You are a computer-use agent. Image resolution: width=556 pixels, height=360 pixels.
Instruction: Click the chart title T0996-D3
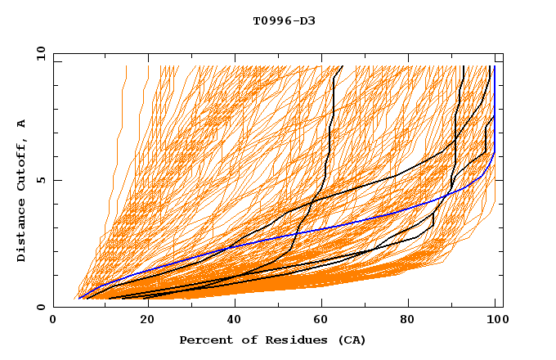pyautogui.click(x=284, y=20)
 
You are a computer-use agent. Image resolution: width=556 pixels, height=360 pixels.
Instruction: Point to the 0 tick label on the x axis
pyautogui.click(x=54, y=321)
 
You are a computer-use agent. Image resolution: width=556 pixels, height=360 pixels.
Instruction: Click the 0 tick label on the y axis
pyautogui.click(x=41, y=307)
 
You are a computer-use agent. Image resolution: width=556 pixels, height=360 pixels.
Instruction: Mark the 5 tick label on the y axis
pyautogui.click(x=41, y=180)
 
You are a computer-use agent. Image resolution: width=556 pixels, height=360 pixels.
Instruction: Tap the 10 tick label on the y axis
pyautogui.click(x=38, y=53)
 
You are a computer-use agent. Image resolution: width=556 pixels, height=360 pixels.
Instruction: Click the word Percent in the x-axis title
pyautogui.click(x=203, y=340)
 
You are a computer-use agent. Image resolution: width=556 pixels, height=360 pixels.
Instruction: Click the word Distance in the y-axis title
pyautogui.click(x=21, y=234)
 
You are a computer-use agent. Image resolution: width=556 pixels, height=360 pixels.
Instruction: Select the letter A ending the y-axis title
pyautogui.click(x=21, y=124)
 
